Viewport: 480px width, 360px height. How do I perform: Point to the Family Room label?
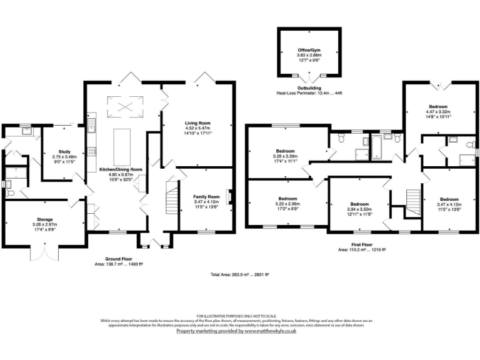(206, 196)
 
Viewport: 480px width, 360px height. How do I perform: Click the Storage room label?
(44, 219)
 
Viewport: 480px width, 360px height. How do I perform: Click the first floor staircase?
(412, 201)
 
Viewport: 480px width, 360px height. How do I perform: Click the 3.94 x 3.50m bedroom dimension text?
(360, 209)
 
